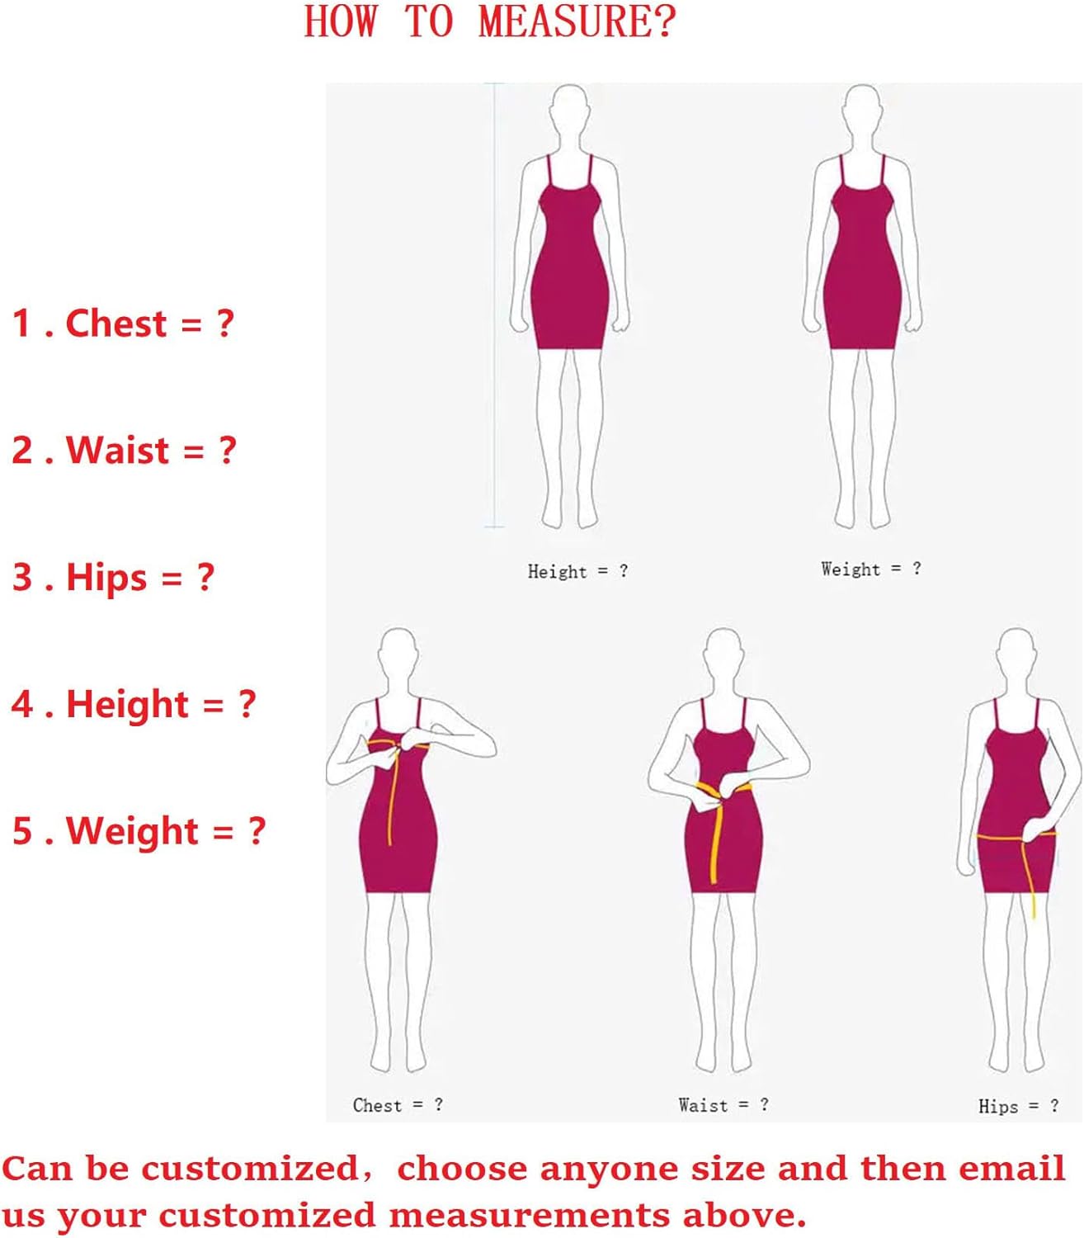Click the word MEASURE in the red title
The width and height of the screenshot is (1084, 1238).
coord(576,21)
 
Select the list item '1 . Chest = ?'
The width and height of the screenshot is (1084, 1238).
coord(123,323)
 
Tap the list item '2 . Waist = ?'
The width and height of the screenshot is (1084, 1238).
coord(124,450)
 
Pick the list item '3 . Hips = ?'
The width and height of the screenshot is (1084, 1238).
coord(113,577)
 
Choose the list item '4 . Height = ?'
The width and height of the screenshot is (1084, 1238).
coord(134,704)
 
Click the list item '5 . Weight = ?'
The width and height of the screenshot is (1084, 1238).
coord(139,831)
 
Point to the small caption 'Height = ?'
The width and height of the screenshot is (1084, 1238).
coord(577,571)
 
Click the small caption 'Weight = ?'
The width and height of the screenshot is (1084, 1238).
coord(870,569)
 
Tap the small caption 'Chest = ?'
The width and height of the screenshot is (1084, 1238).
coord(398,1105)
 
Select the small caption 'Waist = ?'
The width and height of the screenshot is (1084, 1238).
coord(723,1105)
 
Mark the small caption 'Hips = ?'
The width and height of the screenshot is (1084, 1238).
coord(1018,1107)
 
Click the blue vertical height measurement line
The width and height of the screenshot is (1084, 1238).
coord(495,305)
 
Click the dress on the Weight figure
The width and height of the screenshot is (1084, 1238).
coord(862,272)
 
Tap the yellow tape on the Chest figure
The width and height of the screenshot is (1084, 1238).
coord(394,792)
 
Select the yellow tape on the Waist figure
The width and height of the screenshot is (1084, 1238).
coord(716,834)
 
